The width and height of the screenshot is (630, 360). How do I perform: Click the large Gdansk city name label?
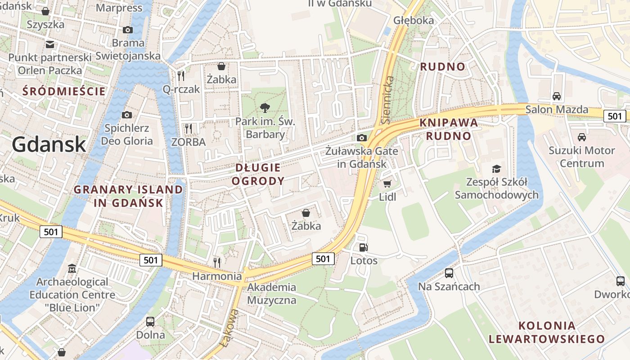point(49,144)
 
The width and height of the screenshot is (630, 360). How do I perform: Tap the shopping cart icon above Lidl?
point(387,184)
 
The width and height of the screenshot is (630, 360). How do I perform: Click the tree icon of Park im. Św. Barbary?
point(265,108)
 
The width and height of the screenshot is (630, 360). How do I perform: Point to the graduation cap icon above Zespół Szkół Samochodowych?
point(496,169)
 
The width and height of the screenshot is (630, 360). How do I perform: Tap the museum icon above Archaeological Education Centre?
point(72,269)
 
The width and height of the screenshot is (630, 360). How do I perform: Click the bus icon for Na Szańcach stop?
point(449,273)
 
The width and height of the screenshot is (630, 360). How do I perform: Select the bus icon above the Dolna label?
point(150,322)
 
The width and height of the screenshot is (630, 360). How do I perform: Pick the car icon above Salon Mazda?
point(557,96)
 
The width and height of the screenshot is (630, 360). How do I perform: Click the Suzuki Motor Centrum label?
point(581,157)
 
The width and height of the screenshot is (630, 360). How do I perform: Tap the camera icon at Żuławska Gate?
point(361,138)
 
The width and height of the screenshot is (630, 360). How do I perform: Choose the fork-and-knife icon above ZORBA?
point(189,129)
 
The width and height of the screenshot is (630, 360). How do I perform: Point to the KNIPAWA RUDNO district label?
point(448,129)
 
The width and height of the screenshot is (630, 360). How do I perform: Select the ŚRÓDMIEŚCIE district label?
point(64,91)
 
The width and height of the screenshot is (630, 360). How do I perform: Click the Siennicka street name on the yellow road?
point(387,100)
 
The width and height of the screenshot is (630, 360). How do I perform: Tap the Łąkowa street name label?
point(229,328)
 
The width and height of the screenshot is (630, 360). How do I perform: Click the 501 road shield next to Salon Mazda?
point(615,116)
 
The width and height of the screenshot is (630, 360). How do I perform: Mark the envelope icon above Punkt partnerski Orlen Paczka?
point(49,44)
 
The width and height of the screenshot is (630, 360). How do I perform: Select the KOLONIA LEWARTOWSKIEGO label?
point(546,333)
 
